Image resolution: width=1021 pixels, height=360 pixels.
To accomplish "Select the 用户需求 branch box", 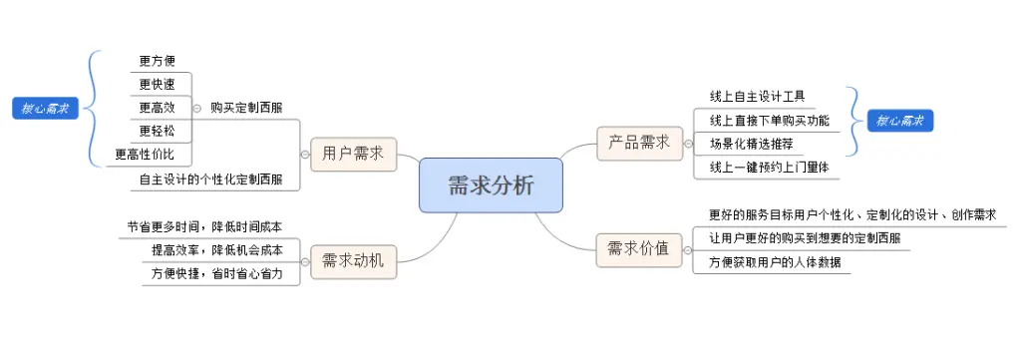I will pos(353,154).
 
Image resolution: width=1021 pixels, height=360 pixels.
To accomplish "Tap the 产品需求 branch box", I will pos(639,142).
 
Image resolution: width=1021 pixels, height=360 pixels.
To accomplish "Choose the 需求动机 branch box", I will pos(353,261).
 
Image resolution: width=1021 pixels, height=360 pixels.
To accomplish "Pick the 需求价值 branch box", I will pos(638,248).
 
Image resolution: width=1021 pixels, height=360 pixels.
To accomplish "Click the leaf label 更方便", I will pos(158,62).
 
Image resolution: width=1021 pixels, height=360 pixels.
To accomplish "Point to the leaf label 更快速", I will pos(158,85).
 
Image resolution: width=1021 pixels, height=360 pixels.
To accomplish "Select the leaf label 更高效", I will pos(158,108).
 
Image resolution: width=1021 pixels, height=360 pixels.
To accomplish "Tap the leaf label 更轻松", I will pos(158,131).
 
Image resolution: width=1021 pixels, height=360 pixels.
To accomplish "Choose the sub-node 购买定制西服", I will pos(245,108).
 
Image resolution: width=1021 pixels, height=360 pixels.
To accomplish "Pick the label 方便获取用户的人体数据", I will pos(774,262).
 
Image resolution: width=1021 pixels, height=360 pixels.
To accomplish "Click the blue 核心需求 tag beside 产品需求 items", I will pos(899,121).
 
